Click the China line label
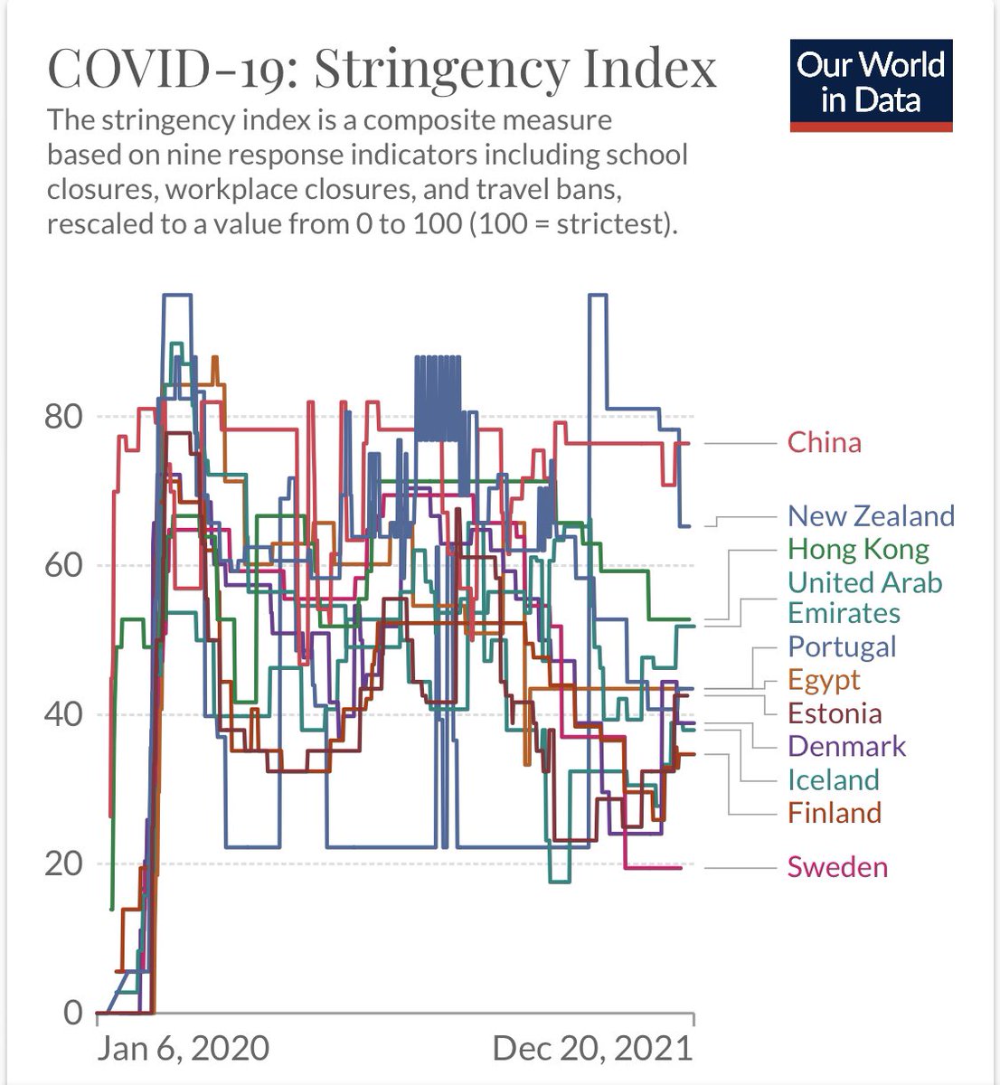click(x=824, y=443)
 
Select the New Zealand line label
click(x=871, y=516)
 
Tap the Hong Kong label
click(x=858, y=550)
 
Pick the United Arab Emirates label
click(x=864, y=598)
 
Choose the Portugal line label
click(x=842, y=647)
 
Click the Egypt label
click(x=824, y=681)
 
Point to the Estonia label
click(x=835, y=714)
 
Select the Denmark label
click(x=846, y=747)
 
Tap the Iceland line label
click(x=834, y=780)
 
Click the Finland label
click(x=835, y=814)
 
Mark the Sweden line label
click(x=837, y=868)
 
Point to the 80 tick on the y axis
click(x=63, y=417)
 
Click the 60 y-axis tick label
click(x=63, y=566)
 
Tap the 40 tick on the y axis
click(x=63, y=715)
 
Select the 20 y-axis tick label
click(x=63, y=864)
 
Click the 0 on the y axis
click(x=73, y=1013)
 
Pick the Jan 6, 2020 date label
click(x=183, y=1049)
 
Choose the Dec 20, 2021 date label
click(x=592, y=1049)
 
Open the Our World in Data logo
click(x=872, y=86)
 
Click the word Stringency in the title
click(x=441, y=71)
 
